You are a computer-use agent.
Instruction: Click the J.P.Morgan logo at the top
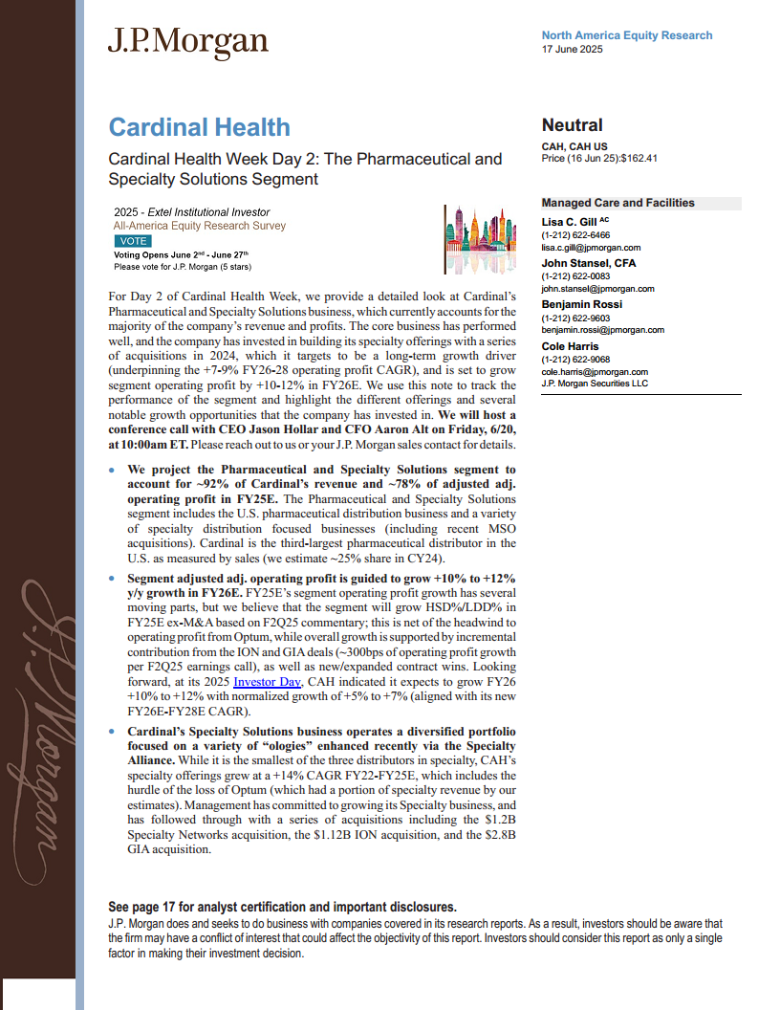[x=187, y=41]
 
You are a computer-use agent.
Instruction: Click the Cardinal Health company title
[x=199, y=127]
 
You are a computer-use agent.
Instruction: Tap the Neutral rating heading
[x=573, y=125]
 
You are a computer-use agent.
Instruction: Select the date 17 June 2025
[x=572, y=49]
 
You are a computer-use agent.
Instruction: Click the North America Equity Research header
[x=626, y=35]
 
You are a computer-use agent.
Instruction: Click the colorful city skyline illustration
[x=481, y=239]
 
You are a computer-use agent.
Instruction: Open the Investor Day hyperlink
[x=268, y=682]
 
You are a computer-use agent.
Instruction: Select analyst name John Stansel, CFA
[x=589, y=263]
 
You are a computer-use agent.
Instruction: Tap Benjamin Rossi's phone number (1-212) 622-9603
[x=575, y=318]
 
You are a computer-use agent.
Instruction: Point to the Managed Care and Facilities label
[x=617, y=203]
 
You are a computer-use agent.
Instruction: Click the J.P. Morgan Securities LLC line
[x=595, y=383]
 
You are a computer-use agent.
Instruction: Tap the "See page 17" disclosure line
[x=282, y=907]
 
